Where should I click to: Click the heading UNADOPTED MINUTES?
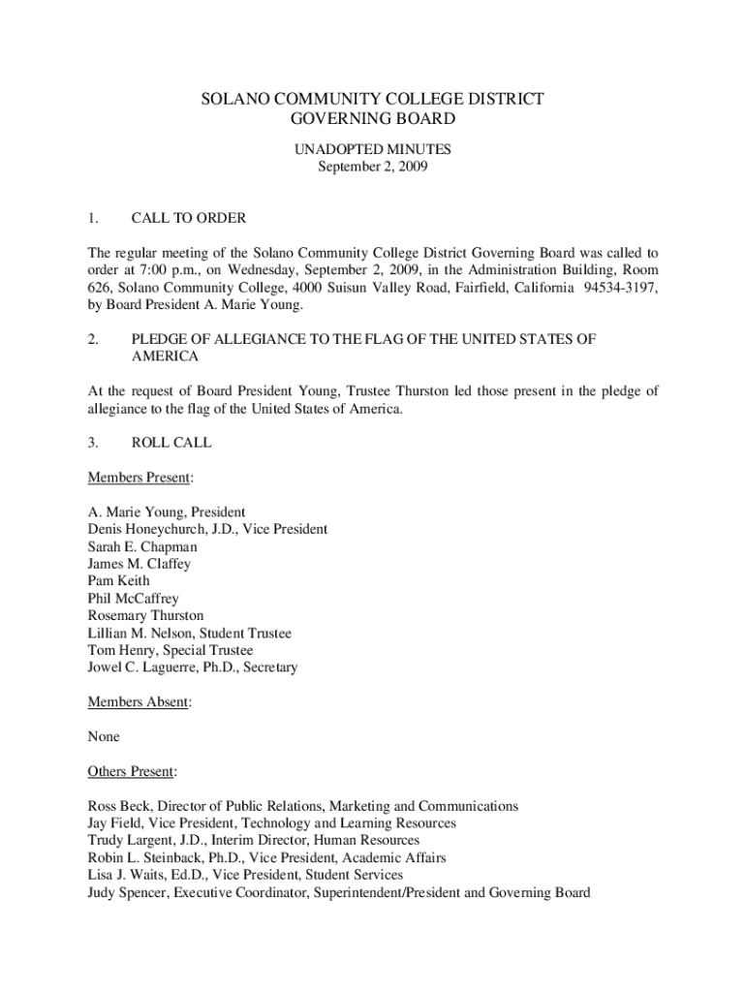coord(372,149)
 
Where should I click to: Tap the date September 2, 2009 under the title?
coord(372,167)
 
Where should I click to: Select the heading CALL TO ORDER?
coord(188,218)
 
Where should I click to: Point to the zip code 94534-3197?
coord(620,288)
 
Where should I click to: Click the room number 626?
coord(99,288)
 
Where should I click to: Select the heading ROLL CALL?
coord(171,443)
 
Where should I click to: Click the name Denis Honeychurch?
coord(145,530)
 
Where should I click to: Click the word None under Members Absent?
coord(104,737)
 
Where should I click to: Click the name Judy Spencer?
coord(126,893)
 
